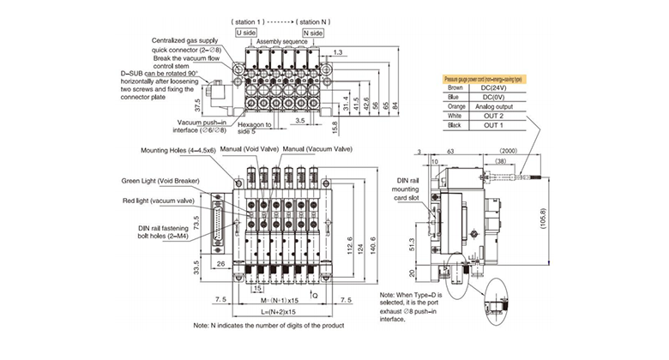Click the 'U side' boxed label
246,32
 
